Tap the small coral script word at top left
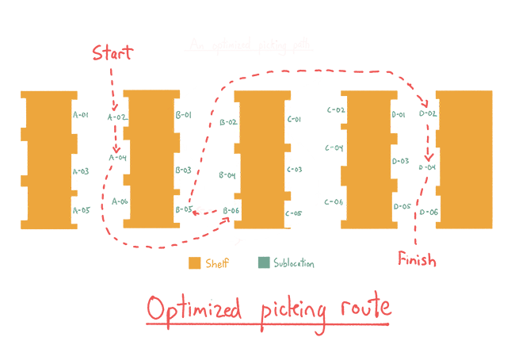[102, 54]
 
